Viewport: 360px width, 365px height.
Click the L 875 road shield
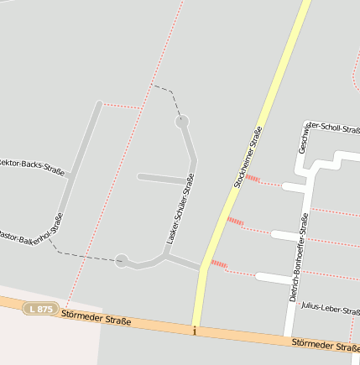pyautogui.click(x=40, y=309)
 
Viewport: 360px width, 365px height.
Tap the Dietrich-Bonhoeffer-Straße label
pyautogui.click(x=299, y=257)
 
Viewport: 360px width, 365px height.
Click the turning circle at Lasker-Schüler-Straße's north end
pyautogui.click(x=182, y=123)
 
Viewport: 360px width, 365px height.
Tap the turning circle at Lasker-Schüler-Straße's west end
pyautogui.click(x=123, y=261)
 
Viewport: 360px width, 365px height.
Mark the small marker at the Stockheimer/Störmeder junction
pyautogui.click(x=194, y=331)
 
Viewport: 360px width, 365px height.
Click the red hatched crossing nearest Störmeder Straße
pyautogui.click(x=219, y=265)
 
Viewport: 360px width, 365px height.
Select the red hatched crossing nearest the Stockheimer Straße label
pyautogui.click(x=251, y=178)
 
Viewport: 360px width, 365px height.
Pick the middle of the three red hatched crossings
pyautogui.click(x=235, y=222)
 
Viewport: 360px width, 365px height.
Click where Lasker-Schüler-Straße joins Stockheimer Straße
pyautogui.click(x=202, y=269)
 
